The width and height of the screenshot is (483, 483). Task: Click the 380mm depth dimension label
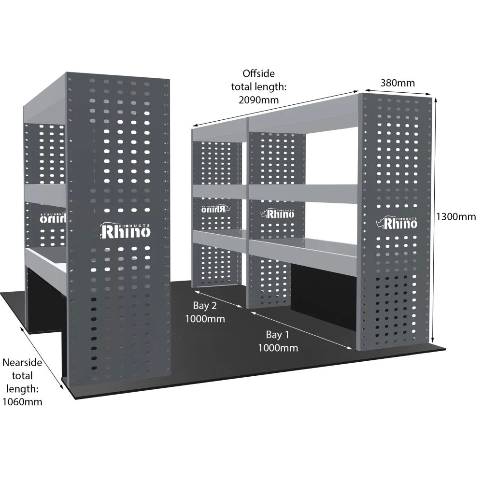pos(398,83)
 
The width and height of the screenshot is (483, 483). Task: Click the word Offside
pos(258,73)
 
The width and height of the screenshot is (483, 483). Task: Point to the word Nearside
pos(23,362)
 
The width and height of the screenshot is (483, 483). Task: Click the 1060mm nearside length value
pos(23,401)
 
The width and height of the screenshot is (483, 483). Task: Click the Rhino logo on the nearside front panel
pos(126,231)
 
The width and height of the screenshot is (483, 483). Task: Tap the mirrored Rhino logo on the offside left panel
pos(216,208)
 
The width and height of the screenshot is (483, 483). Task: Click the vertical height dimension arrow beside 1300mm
pos(436,217)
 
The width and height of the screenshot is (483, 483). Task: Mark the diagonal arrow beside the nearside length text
pos(43,357)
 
